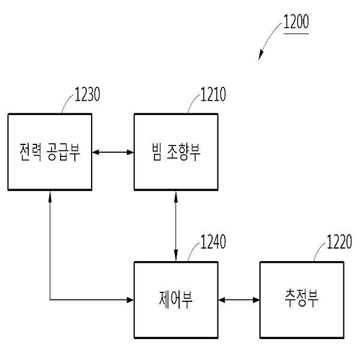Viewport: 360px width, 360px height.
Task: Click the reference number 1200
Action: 296,22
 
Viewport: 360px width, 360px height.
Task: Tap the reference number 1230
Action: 87,94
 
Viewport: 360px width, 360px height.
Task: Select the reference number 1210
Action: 213,94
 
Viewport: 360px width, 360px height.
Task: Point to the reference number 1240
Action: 213,242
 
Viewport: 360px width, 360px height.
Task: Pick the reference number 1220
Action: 339,242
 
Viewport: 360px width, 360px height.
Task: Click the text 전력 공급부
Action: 50,152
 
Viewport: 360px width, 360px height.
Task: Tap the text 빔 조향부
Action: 176,152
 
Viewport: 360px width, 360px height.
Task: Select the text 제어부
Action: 176,300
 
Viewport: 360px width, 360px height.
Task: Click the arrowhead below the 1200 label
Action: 261,55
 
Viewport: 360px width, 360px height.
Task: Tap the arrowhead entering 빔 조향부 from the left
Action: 131,152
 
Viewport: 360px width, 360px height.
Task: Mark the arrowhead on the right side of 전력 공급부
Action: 95,152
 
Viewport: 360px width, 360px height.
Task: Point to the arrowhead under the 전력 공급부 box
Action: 50,195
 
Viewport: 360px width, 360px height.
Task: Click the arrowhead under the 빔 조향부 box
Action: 176,195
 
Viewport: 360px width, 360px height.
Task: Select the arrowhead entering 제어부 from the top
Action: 176,258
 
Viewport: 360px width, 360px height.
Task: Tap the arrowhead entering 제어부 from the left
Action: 131,300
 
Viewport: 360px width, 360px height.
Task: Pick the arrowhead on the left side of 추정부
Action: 256,300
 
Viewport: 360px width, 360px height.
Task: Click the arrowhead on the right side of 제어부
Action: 222,300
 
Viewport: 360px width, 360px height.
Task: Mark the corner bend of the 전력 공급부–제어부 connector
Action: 50,300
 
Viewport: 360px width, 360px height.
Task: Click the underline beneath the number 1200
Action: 296,34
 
